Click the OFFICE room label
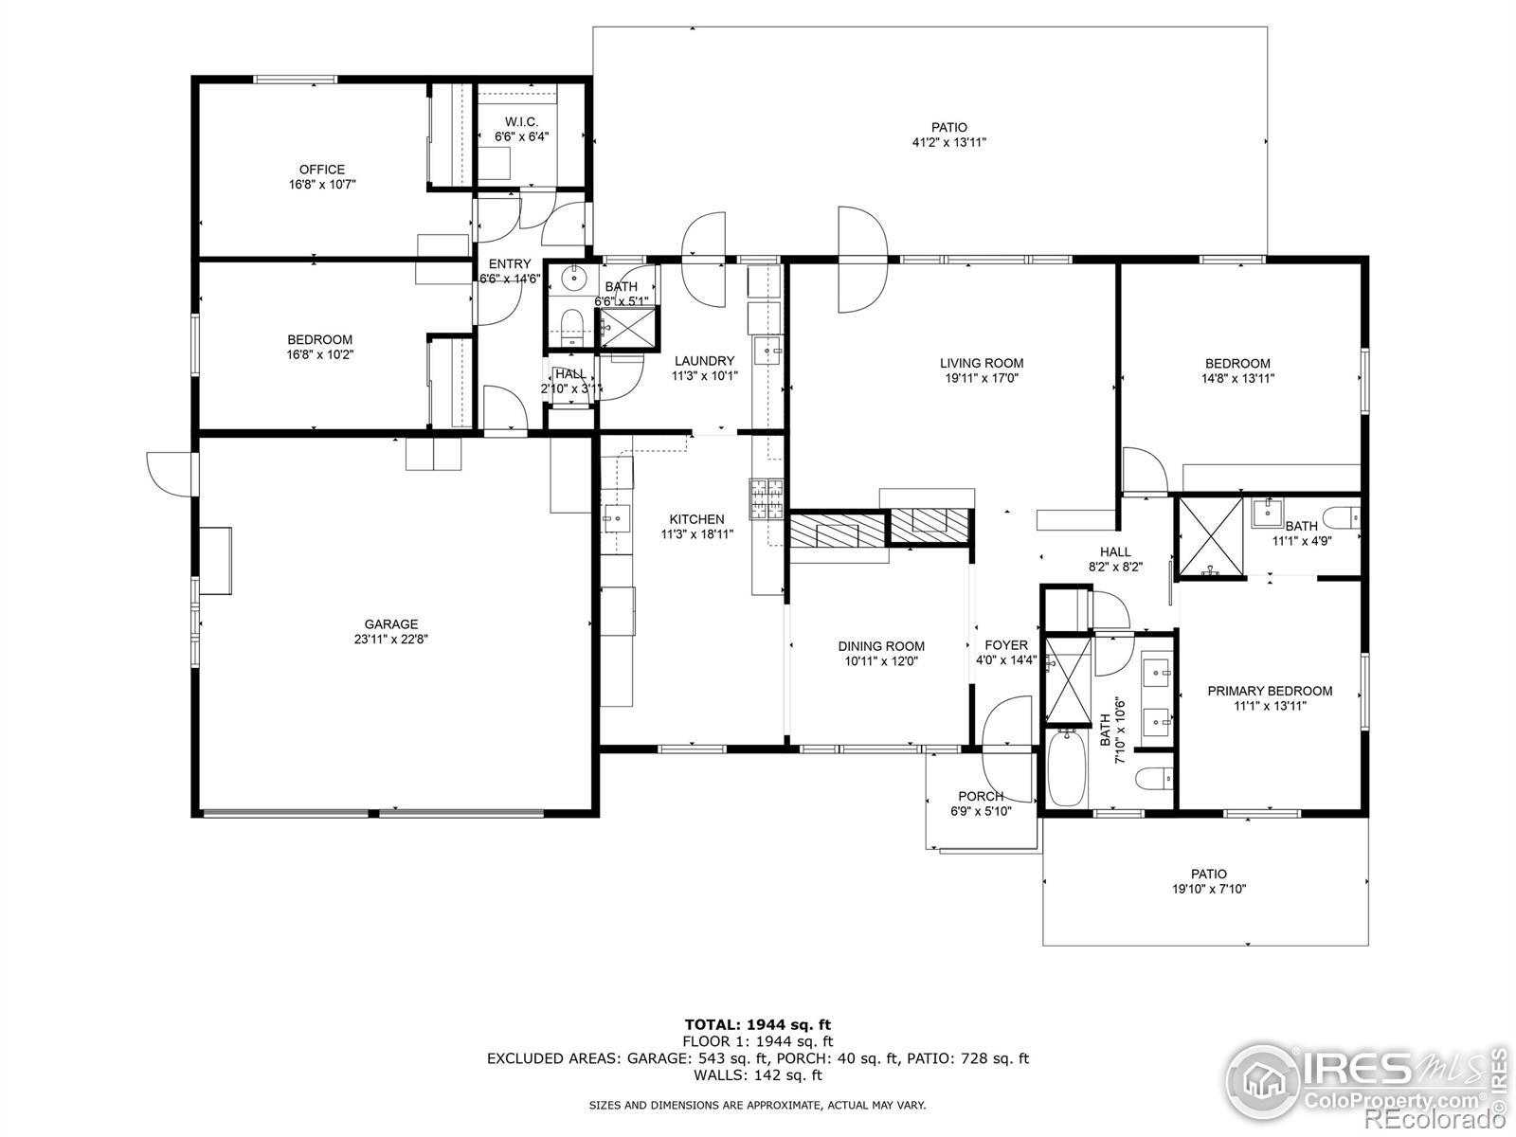pos(322,170)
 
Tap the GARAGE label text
pos(391,624)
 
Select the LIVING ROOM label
pos(982,363)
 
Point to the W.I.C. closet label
pos(521,122)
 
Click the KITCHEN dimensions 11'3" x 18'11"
pos(696,533)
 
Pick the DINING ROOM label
pos(881,646)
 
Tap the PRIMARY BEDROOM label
pos(1271,691)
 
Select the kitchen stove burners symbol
pos(767,499)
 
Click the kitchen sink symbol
pos(617,517)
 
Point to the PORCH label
pos(981,796)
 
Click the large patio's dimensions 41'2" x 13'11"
pos(949,142)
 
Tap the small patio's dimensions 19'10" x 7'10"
pos(1209,889)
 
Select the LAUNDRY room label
pos(705,361)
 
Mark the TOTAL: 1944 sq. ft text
pos(758,1024)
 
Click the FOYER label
pos(1006,645)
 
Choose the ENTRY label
pos(510,263)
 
